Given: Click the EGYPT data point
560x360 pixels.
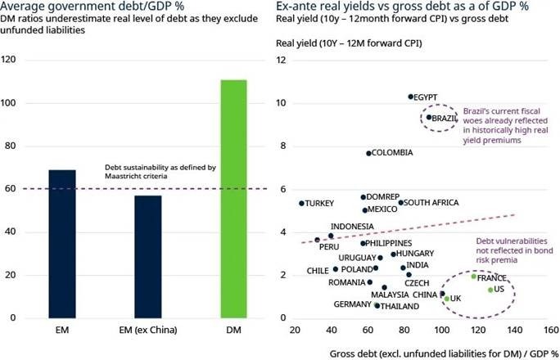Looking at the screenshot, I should tap(411, 97).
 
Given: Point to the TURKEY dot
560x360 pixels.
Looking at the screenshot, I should tap(301, 203).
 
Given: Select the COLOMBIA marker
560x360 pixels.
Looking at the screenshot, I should tap(368, 153).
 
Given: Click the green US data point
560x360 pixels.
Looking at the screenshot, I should tap(490, 290).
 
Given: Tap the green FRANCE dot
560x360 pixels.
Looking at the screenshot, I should tap(474, 277).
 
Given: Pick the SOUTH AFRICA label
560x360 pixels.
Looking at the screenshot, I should tap(431, 202).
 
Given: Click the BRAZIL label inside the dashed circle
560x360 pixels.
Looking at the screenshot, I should tap(445, 118).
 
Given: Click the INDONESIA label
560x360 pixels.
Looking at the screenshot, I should tap(352, 227).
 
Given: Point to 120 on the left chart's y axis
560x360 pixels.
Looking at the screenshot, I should tap(11, 61).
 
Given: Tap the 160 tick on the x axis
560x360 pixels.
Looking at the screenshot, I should tap(550, 331).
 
